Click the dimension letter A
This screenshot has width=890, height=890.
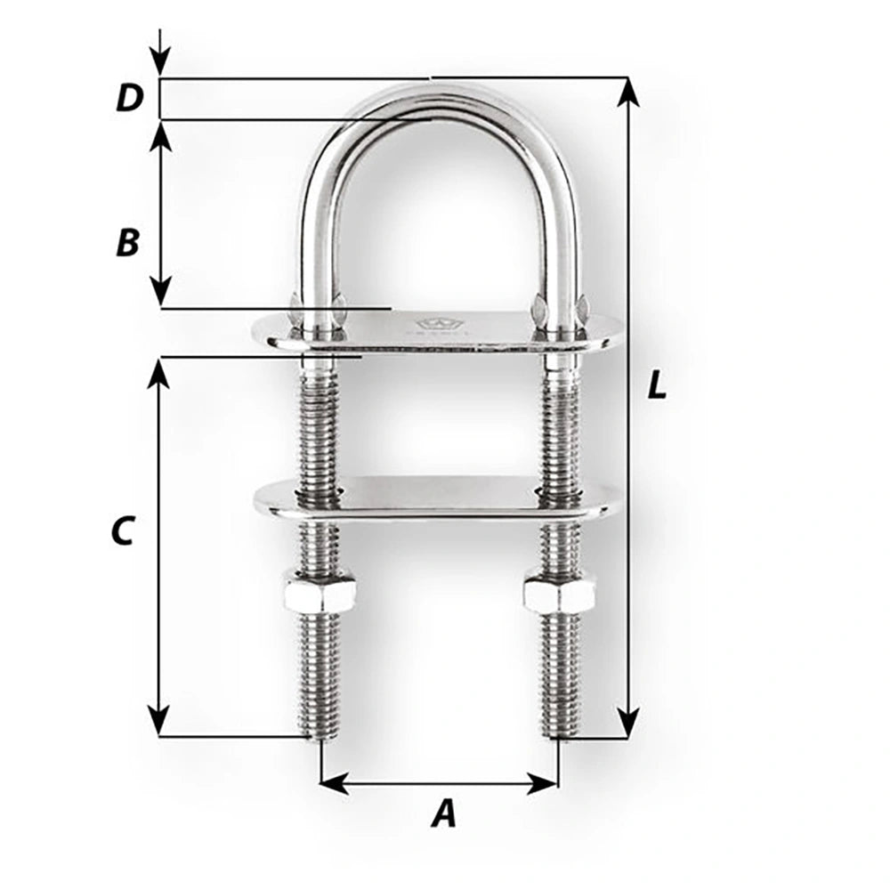pos(442,813)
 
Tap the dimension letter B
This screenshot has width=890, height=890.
pos(128,242)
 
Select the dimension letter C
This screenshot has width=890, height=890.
pos(122,530)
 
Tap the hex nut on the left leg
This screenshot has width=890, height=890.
pos(320,594)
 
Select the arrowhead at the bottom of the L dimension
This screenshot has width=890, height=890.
pos(628,724)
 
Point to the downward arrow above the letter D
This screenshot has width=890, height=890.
pos(159,62)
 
